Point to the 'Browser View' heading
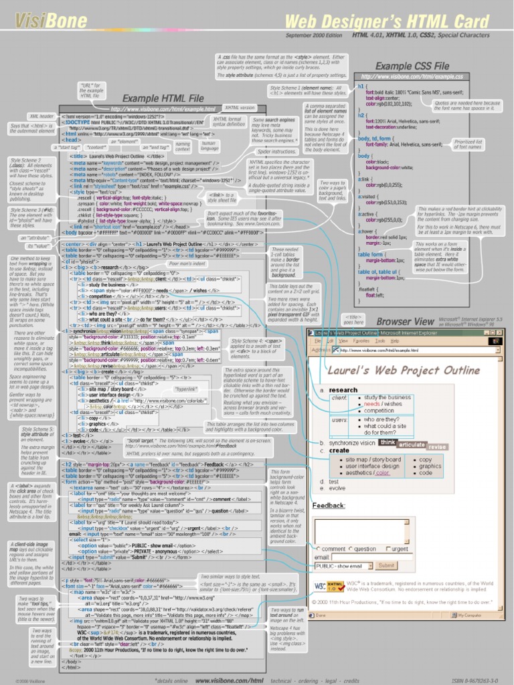pyautogui.click(x=405, y=322)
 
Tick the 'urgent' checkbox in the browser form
pyautogui.click(x=387, y=549)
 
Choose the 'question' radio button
pyautogui.click(x=349, y=549)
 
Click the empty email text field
pyautogui.click(x=358, y=557)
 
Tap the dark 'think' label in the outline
pyautogui.click(x=388, y=442)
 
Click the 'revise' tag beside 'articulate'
pyautogui.click(x=437, y=446)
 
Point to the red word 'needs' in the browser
pyautogui.click(x=371, y=404)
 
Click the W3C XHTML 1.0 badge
pyautogui.click(x=327, y=586)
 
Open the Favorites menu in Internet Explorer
pyautogui.click(x=361, y=340)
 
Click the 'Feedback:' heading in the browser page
pyautogui.click(x=329, y=506)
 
